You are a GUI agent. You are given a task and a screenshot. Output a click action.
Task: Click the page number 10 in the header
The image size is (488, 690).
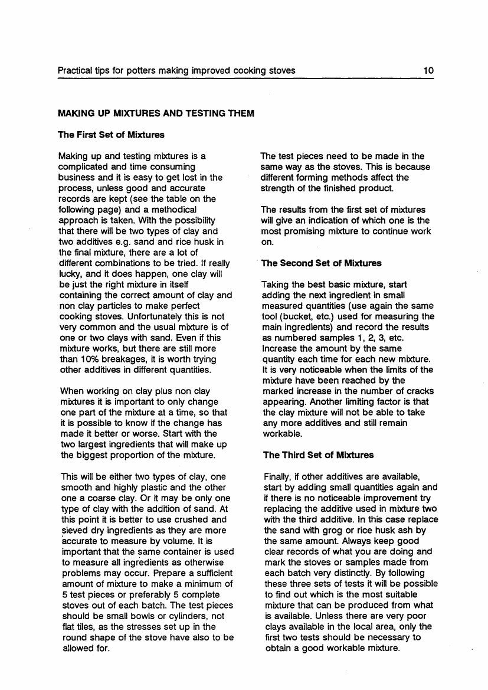[x=429, y=71]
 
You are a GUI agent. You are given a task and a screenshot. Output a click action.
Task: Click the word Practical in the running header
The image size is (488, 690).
[x=75, y=71]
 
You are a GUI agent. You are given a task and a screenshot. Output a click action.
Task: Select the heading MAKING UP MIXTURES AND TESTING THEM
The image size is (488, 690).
[x=155, y=113]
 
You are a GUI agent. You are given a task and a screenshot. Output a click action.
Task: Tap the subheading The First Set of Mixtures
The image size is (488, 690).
[x=110, y=135]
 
